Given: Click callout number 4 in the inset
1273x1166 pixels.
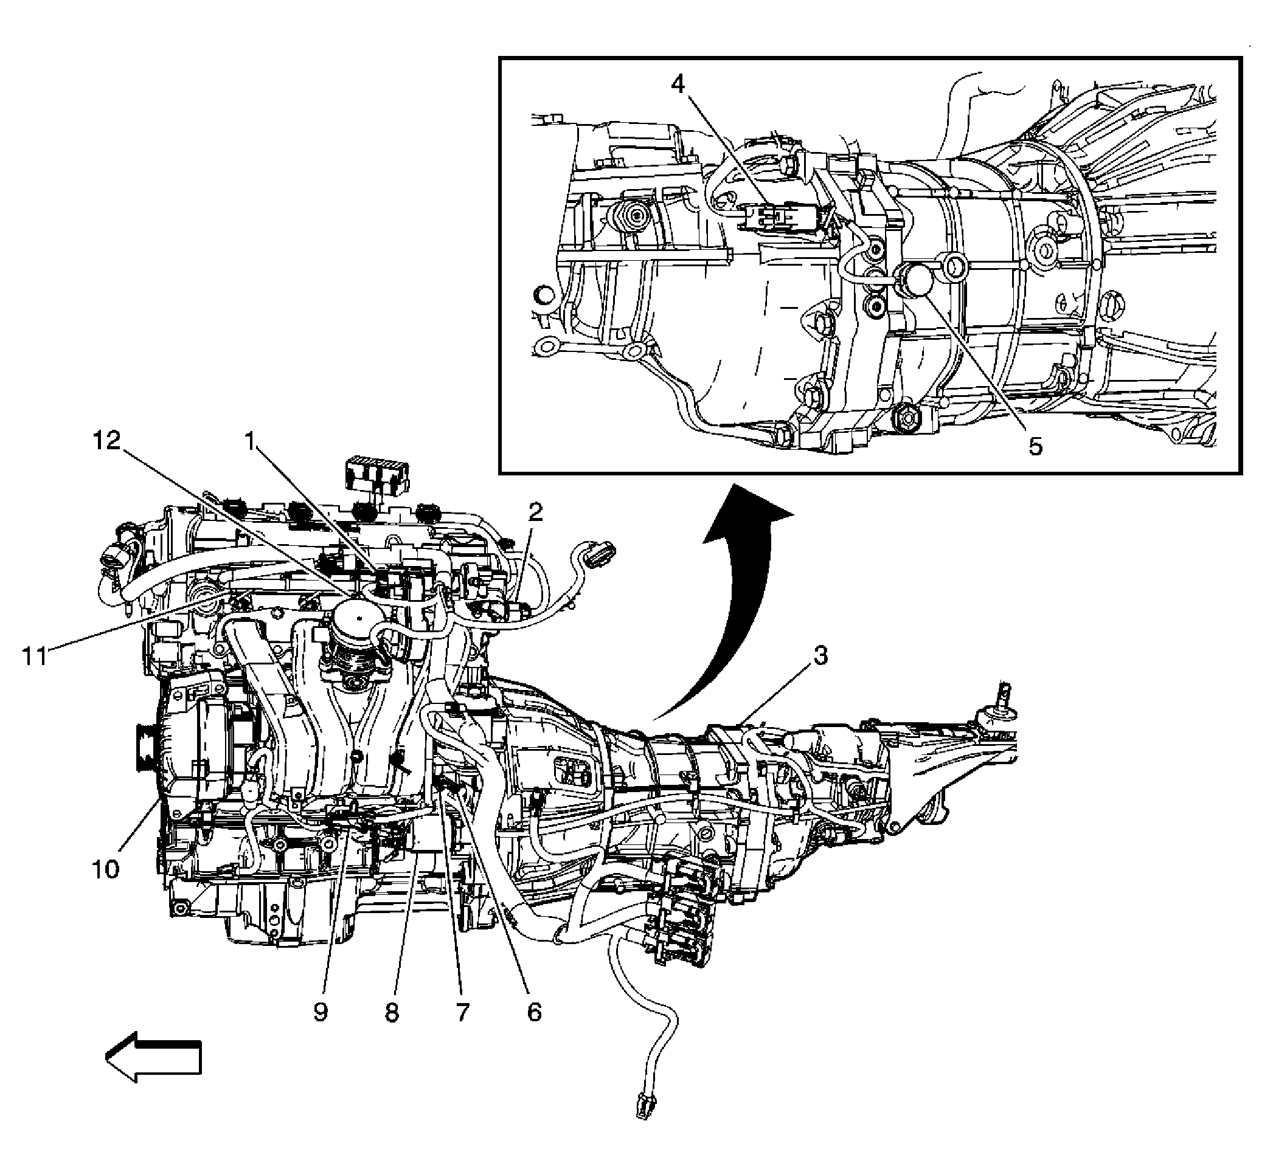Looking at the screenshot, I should (x=678, y=85).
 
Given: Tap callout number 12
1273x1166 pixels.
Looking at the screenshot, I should (x=106, y=441).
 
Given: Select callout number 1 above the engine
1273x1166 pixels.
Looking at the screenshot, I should (x=251, y=442).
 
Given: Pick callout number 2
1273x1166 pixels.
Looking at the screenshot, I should (x=535, y=511).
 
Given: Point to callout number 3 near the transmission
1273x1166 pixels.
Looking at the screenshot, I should (x=820, y=656).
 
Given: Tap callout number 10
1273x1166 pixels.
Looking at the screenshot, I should (x=105, y=870).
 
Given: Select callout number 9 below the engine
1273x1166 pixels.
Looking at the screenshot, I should (x=321, y=1013).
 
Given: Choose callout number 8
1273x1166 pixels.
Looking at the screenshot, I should (x=392, y=1013).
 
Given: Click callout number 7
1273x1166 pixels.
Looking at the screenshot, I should (x=463, y=1013).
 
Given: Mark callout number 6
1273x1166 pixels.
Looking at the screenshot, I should (x=534, y=1013).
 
